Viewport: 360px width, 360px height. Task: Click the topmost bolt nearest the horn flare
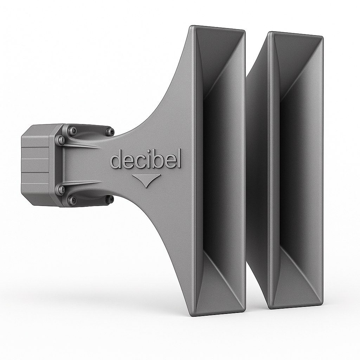coord(110,132)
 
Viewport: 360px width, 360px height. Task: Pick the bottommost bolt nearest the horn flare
coord(110,199)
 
